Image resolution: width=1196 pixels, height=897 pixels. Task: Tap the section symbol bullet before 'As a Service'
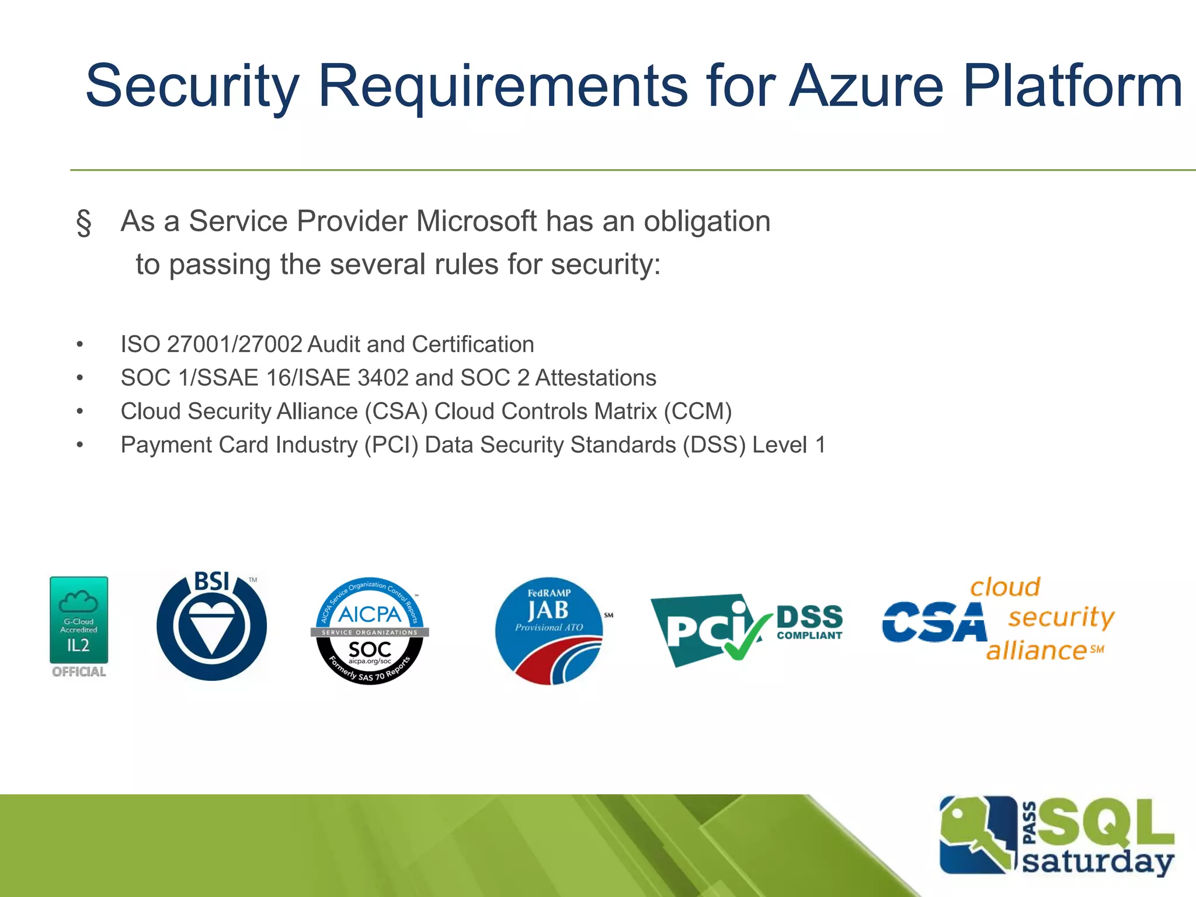tap(84, 222)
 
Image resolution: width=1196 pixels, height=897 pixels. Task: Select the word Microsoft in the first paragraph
tap(475, 221)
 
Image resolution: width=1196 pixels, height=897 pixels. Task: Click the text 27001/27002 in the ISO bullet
tap(234, 345)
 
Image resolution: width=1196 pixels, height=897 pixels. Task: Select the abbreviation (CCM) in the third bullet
tap(697, 411)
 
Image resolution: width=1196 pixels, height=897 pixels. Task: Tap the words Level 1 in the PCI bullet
tap(789, 445)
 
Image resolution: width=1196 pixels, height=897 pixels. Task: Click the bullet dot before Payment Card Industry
tap(80, 445)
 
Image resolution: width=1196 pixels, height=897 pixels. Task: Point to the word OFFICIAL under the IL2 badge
tap(79, 672)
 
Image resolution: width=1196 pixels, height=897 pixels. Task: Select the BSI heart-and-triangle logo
tap(211, 627)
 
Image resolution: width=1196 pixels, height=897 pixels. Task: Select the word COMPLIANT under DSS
tap(809, 635)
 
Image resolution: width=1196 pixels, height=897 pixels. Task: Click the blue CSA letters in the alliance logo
tap(934, 623)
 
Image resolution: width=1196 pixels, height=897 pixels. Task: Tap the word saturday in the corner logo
tap(1098, 861)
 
